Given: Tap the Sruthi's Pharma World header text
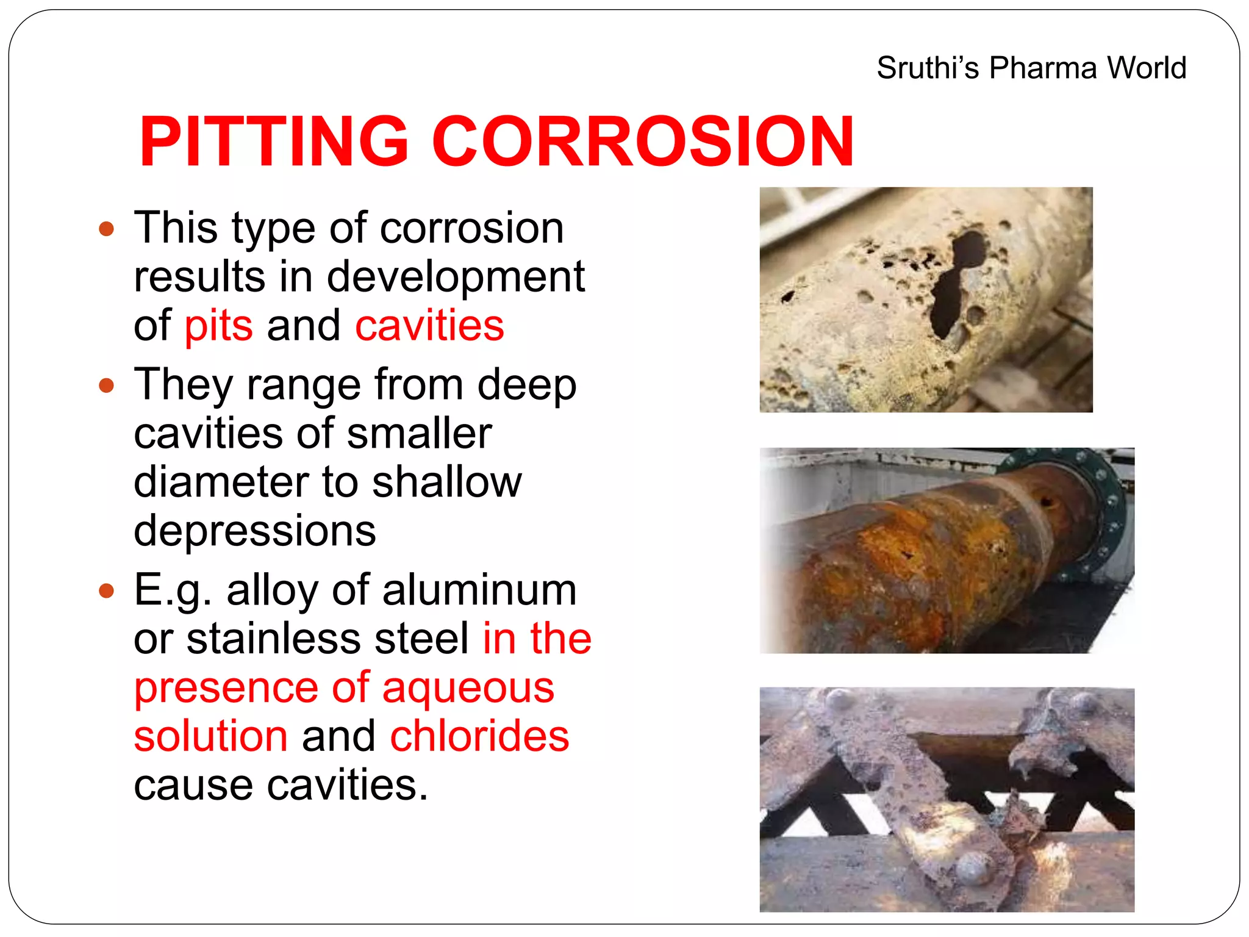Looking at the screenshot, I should coord(1031,68).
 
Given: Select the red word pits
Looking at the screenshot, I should coord(218,326).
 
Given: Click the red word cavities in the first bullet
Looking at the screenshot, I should coord(429,326).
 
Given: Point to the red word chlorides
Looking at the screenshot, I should coord(479,736).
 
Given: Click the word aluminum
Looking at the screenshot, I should coord(479,591).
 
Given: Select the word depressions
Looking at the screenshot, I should coord(255,531).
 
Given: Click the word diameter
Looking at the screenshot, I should coord(220,482).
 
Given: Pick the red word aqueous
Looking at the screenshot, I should coord(468,688).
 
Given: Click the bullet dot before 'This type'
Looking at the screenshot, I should coord(107,229).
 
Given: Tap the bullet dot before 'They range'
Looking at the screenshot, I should coord(107,386).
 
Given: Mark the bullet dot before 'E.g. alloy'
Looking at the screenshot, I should coord(107,591).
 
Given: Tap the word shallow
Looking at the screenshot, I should coord(447,482).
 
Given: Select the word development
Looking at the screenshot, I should coord(456,277).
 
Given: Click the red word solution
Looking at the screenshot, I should coord(210,736).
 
